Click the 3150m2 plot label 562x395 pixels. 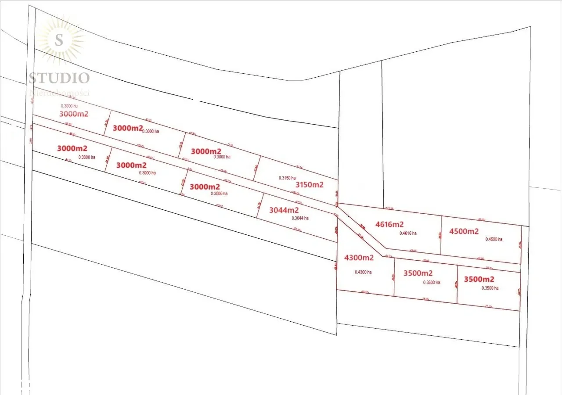coord(309,185)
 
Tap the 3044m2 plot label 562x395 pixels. coord(284,210)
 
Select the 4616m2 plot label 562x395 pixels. coord(389,224)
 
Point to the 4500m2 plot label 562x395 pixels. coord(464,231)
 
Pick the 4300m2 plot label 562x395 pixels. coord(359,258)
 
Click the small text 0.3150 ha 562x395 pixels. coord(287,178)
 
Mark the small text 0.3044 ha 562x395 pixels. coord(300,218)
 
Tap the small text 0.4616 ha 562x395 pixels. coord(408,233)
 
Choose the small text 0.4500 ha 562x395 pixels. coord(494,239)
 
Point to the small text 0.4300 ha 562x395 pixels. coord(363,272)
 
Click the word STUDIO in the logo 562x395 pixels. coord(59,78)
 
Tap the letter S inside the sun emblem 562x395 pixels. coord(59,40)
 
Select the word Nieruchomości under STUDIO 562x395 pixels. coord(59,93)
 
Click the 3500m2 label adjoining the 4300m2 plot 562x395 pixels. coord(418,273)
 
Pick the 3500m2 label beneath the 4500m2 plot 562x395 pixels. coord(479,279)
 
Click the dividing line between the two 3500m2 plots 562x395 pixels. coord(457,284)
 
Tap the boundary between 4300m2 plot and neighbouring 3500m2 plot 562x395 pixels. coord(394,276)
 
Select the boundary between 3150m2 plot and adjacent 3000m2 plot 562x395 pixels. coord(257,168)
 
